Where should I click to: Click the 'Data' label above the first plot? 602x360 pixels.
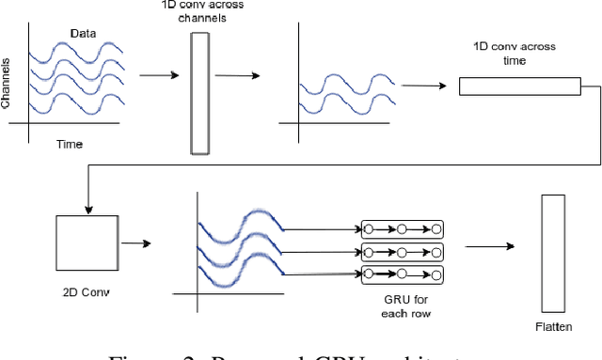click(x=84, y=34)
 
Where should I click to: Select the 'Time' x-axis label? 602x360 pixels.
click(x=69, y=144)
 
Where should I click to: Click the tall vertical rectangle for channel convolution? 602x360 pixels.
click(x=198, y=93)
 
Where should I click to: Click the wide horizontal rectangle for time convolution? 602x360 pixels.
click(x=520, y=86)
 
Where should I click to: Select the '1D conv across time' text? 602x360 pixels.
click(x=515, y=53)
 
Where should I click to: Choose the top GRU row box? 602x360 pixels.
click(x=402, y=228)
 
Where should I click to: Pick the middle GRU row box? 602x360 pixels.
click(x=402, y=251)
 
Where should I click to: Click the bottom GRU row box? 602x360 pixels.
click(x=402, y=274)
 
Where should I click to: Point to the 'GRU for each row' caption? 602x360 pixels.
click(x=402, y=305)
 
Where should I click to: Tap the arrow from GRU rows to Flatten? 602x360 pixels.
click(x=489, y=246)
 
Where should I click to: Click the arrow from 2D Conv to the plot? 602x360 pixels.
click(x=136, y=243)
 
